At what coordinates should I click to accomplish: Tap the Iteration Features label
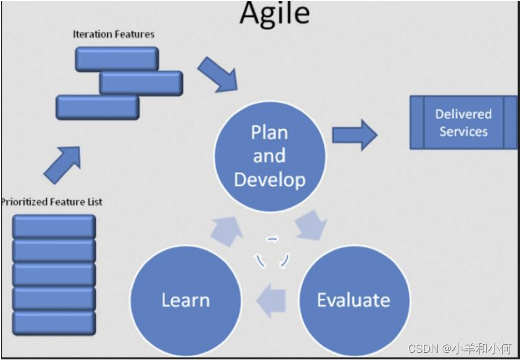click(x=113, y=34)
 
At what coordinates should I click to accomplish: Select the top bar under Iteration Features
click(x=117, y=58)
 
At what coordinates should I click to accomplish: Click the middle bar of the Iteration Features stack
click(x=141, y=83)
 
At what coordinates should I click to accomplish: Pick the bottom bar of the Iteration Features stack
click(x=98, y=107)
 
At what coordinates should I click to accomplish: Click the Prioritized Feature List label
click(x=52, y=201)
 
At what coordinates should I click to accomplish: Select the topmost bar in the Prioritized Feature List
click(x=54, y=226)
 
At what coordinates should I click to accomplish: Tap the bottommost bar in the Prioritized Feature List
click(x=54, y=323)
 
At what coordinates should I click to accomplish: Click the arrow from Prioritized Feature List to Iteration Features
click(x=62, y=163)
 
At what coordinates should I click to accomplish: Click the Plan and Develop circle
click(x=269, y=156)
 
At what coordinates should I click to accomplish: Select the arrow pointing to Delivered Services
click(x=354, y=134)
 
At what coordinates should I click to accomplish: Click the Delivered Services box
click(x=463, y=122)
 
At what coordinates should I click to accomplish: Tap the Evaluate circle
click(x=354, y=300)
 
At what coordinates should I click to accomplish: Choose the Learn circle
click(x=186, y=300)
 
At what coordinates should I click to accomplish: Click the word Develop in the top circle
click(x=269, y=180)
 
